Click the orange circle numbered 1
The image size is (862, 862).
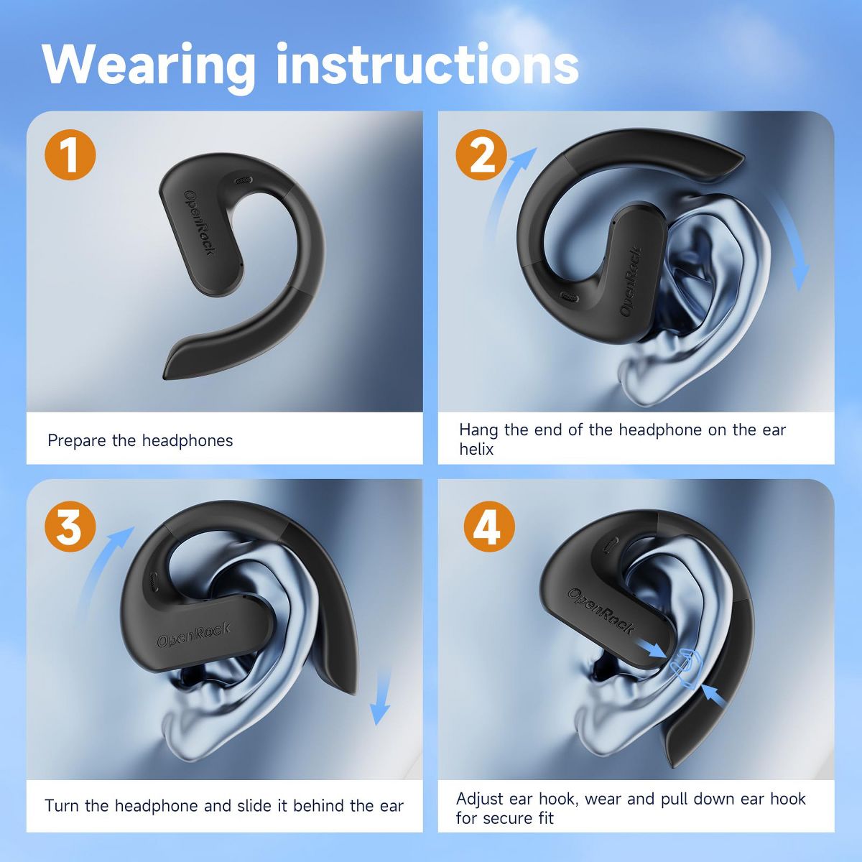(70, 154)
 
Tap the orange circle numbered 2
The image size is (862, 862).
(481, 154)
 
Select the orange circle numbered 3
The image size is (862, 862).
(70, 527)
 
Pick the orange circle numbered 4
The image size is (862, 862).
(489, 527)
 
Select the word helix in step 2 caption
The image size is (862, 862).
(476, 449)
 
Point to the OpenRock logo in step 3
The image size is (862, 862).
(193, 635)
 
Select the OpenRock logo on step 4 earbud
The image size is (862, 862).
(601, 611)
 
